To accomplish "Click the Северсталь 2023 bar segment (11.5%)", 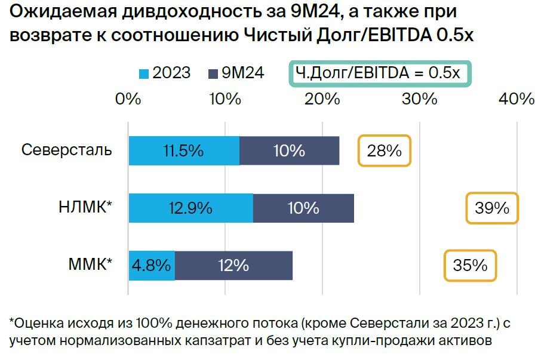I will pos(184,150).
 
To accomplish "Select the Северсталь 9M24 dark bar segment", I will pos(289,150).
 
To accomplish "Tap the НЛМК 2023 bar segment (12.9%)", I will pos(191,208).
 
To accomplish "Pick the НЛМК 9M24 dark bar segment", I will pos(303,208).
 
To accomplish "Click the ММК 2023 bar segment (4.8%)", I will pos(152,265).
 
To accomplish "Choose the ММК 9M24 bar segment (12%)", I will pos(233,265).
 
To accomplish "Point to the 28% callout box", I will pos(385,150).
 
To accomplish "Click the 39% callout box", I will pos(492,208).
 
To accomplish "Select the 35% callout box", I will pos(470,265).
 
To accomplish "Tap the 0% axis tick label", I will pos(128,99).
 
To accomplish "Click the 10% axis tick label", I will pos(225,99).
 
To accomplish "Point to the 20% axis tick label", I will pos(322,99).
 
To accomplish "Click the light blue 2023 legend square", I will pos(143,74).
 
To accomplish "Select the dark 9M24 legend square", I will pos(212,74).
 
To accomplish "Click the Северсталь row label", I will pos(67,149).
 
